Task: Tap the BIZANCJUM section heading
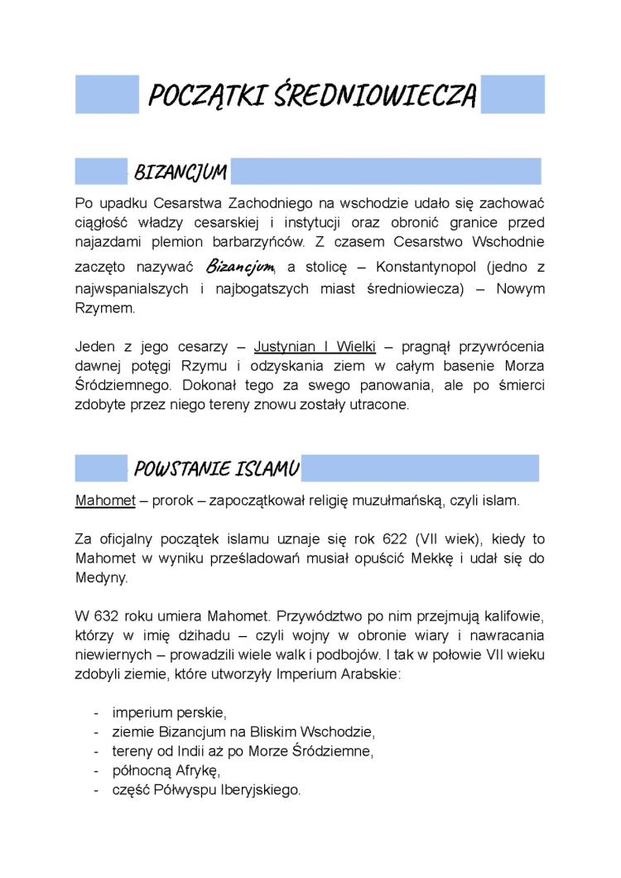180,172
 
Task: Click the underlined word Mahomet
99,500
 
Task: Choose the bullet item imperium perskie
169,712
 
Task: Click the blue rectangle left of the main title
107,94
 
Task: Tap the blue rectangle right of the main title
513,94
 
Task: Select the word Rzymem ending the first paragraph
103,307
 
